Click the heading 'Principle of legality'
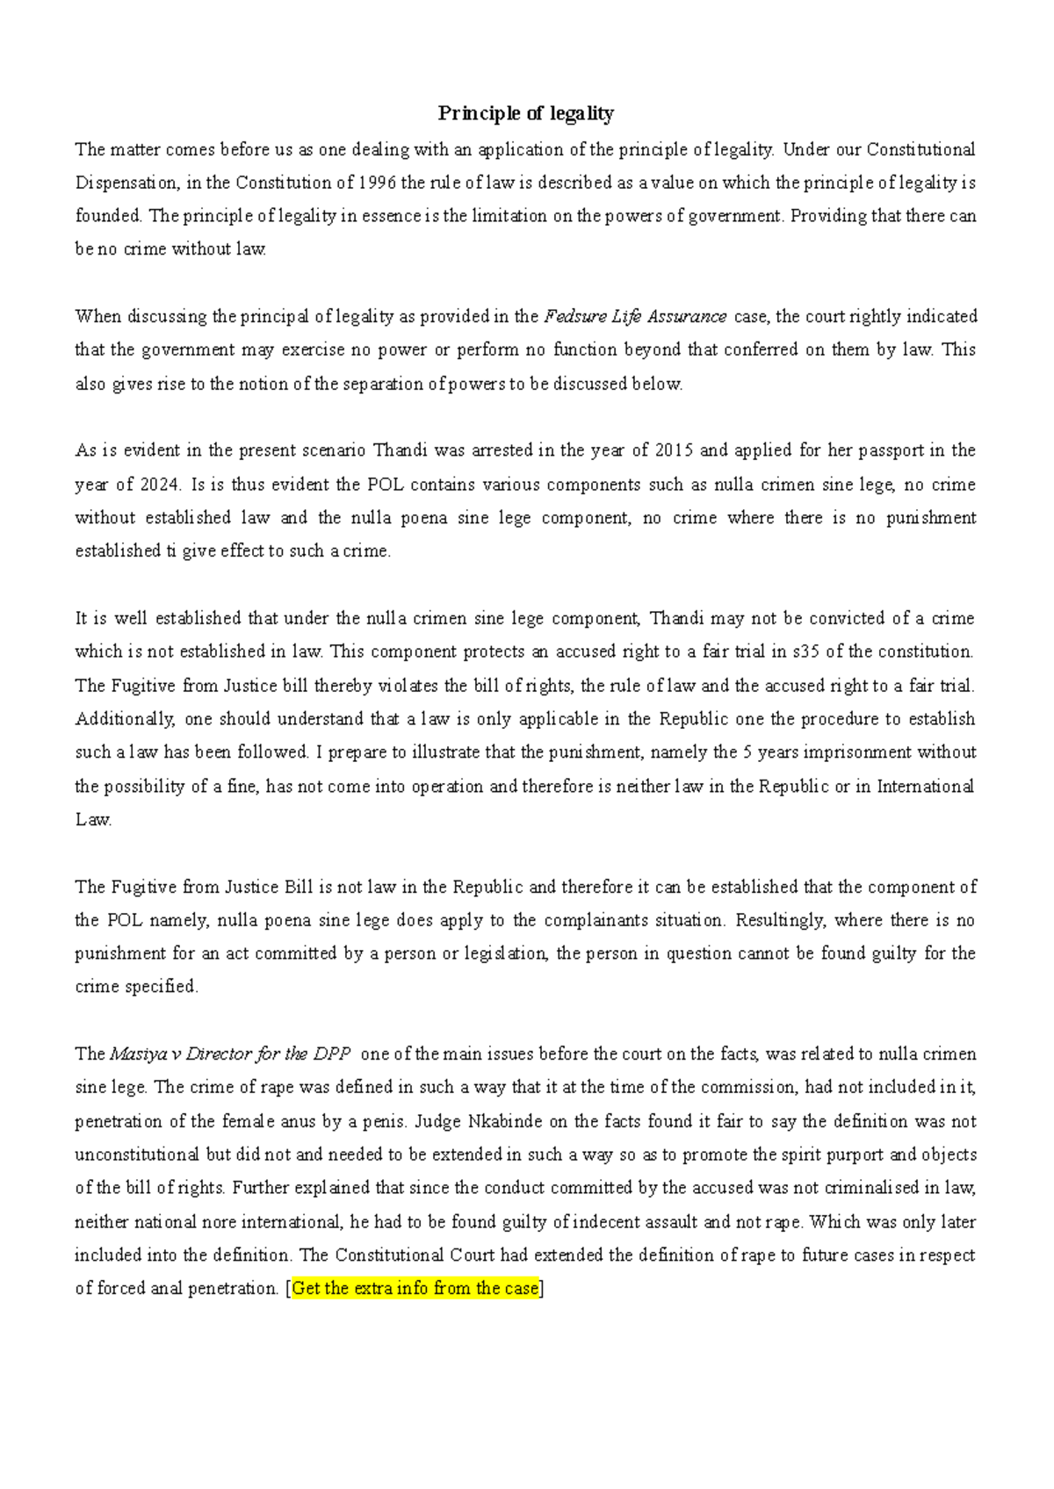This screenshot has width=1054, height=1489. (526, 113)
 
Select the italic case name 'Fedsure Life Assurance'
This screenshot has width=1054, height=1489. (635, 316)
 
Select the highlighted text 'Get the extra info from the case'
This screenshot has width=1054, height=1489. (415, 1289)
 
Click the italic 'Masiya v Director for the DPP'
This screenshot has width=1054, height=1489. (230, 1054)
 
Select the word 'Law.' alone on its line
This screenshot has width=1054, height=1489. (93, 820)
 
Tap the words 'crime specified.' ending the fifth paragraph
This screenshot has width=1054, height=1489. (137, 987)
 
